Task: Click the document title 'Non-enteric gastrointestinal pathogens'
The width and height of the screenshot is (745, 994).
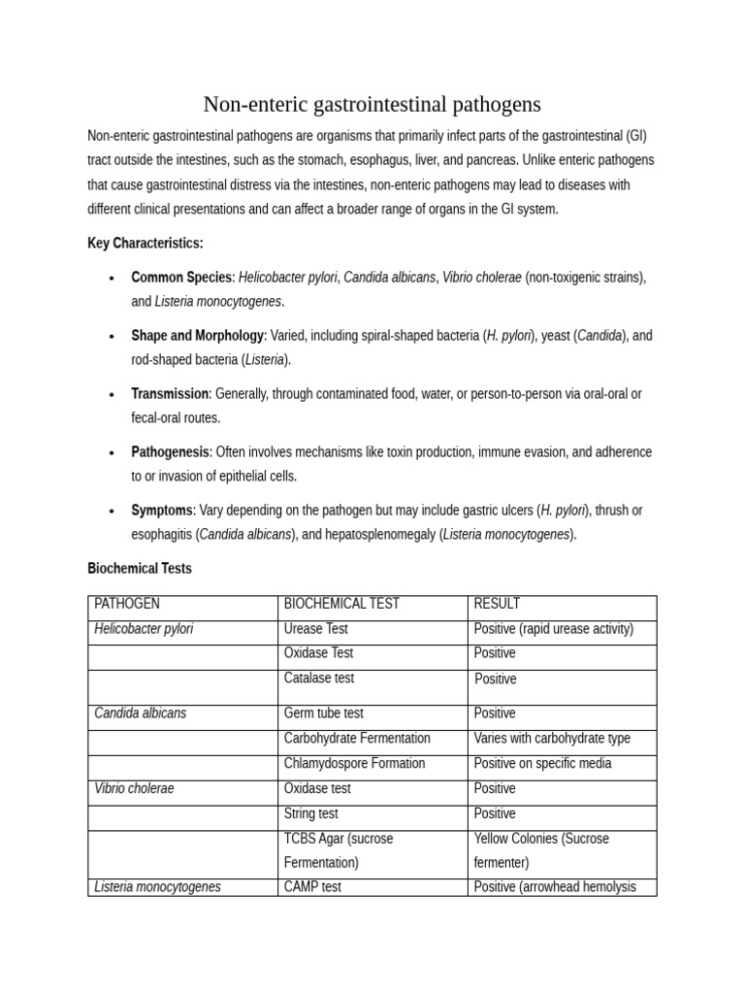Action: coord(372,105)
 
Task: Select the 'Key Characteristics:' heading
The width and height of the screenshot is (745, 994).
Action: coord(145,243)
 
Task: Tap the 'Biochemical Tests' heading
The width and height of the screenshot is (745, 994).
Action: coord(139,568)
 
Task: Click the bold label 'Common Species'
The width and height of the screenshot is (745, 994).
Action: coord(181,277)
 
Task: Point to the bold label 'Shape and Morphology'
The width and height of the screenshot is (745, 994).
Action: coord(197,335)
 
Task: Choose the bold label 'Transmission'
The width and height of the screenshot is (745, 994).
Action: coord(170,393)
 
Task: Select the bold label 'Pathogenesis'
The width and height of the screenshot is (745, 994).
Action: coord(170,451)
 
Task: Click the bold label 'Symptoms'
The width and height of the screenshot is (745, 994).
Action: coord(162,510)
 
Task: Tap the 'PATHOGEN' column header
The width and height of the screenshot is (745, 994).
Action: coord(127,604)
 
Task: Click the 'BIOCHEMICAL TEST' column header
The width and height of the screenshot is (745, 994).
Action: coord(341,604)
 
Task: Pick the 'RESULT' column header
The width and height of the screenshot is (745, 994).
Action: coord(497,604)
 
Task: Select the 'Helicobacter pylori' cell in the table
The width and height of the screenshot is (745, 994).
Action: coord(144,629)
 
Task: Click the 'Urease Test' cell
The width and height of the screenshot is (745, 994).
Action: coord(316,629)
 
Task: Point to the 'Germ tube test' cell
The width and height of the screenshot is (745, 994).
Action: coord(324,712)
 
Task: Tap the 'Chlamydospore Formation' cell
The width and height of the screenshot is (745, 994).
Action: coord(354,763)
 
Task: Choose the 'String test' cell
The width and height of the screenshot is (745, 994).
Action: coord(311,813)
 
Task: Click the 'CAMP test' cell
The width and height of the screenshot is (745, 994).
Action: coord(312,886)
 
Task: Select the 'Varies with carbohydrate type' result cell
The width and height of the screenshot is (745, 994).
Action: coord(552,738)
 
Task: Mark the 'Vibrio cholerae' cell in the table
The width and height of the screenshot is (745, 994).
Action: coord(134,788)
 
